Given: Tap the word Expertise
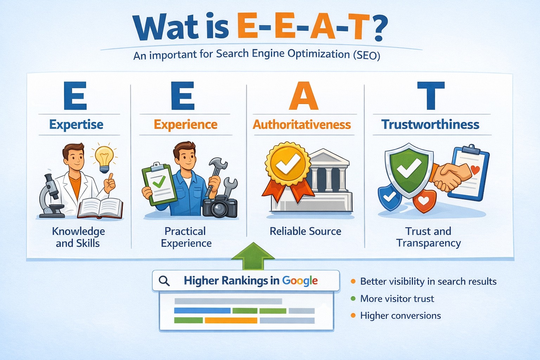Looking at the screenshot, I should (76, 124).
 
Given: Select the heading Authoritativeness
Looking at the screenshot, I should (302, 124).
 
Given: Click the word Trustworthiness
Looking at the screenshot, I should (430, 124).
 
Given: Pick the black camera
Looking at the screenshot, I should (220, 206).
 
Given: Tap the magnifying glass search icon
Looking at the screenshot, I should (164, 281).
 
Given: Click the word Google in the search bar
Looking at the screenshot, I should (300, 281).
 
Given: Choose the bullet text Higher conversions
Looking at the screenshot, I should (400, 316).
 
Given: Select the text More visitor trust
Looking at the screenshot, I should (397, 299).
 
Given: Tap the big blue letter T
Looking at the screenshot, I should (431, 96).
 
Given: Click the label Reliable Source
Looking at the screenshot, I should (305, 231).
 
